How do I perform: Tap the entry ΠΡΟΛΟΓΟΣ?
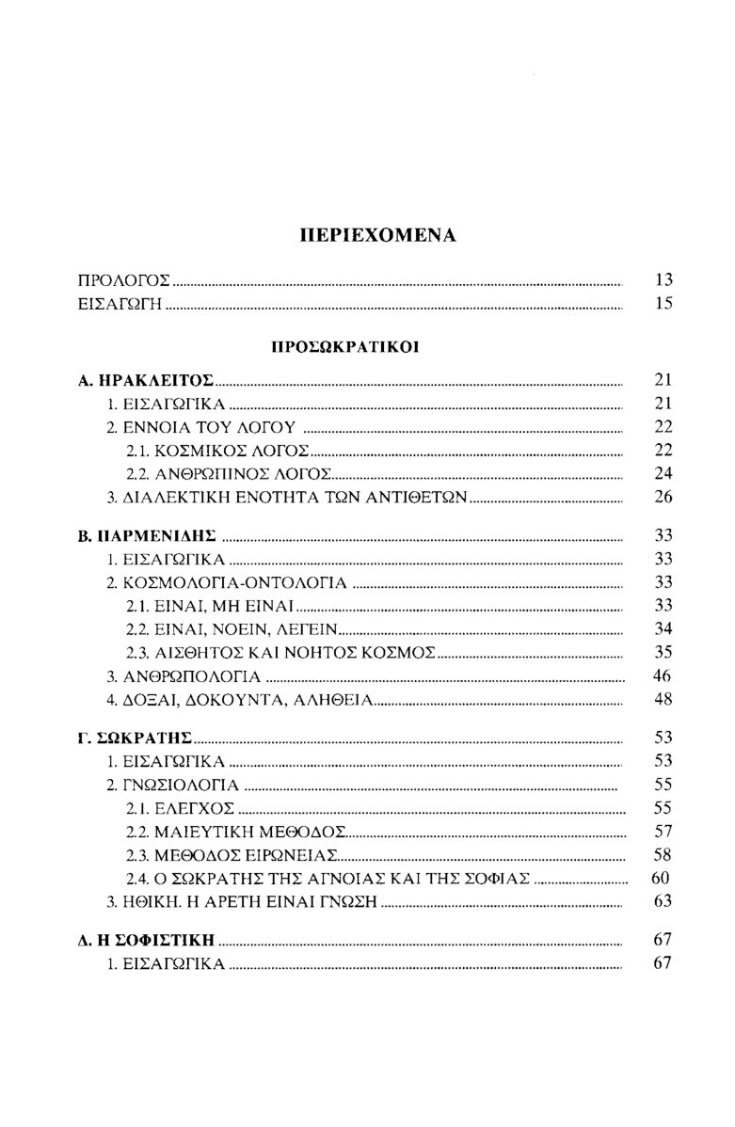tap(124, 280)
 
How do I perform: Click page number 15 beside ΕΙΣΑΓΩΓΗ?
tap(662, 304)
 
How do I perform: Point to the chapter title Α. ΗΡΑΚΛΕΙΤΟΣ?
tap(146, 382)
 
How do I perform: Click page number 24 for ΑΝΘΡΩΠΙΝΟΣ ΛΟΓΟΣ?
tap(662, 473)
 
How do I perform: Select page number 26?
tap(662, 497)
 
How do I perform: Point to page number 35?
tap(662, 651)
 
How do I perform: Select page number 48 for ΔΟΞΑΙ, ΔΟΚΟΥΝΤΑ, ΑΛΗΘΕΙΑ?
tap(662, 699)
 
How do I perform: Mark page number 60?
tap(659, 878)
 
